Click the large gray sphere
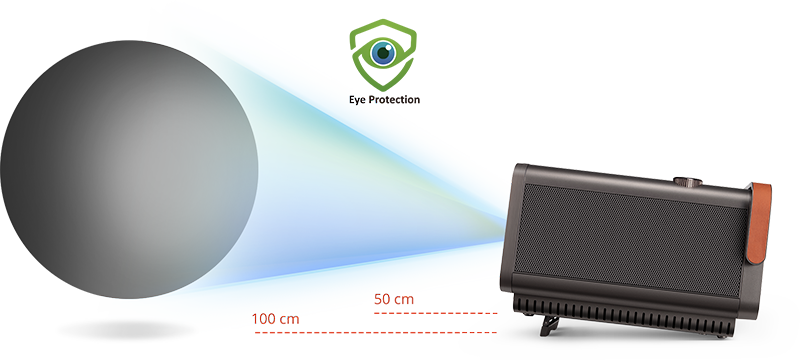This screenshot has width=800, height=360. coord(129,169)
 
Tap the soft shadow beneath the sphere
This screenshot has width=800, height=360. coord(128,330)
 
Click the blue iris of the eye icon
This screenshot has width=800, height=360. coord(383,53)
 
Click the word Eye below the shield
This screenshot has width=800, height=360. coord(358,99)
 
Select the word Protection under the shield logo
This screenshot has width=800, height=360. coord(394,99)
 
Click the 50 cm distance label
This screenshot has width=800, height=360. coord(393,299)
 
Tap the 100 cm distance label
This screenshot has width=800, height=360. coord(276,320)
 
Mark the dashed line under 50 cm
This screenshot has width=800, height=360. coord(436,313)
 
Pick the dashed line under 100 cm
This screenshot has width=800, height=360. coord(376,332)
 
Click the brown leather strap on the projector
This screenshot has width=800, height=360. coord(759,224)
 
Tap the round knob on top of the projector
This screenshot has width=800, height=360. coord(687,181)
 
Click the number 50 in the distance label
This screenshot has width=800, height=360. coord(384,299)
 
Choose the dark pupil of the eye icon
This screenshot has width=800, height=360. coord(383,53)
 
